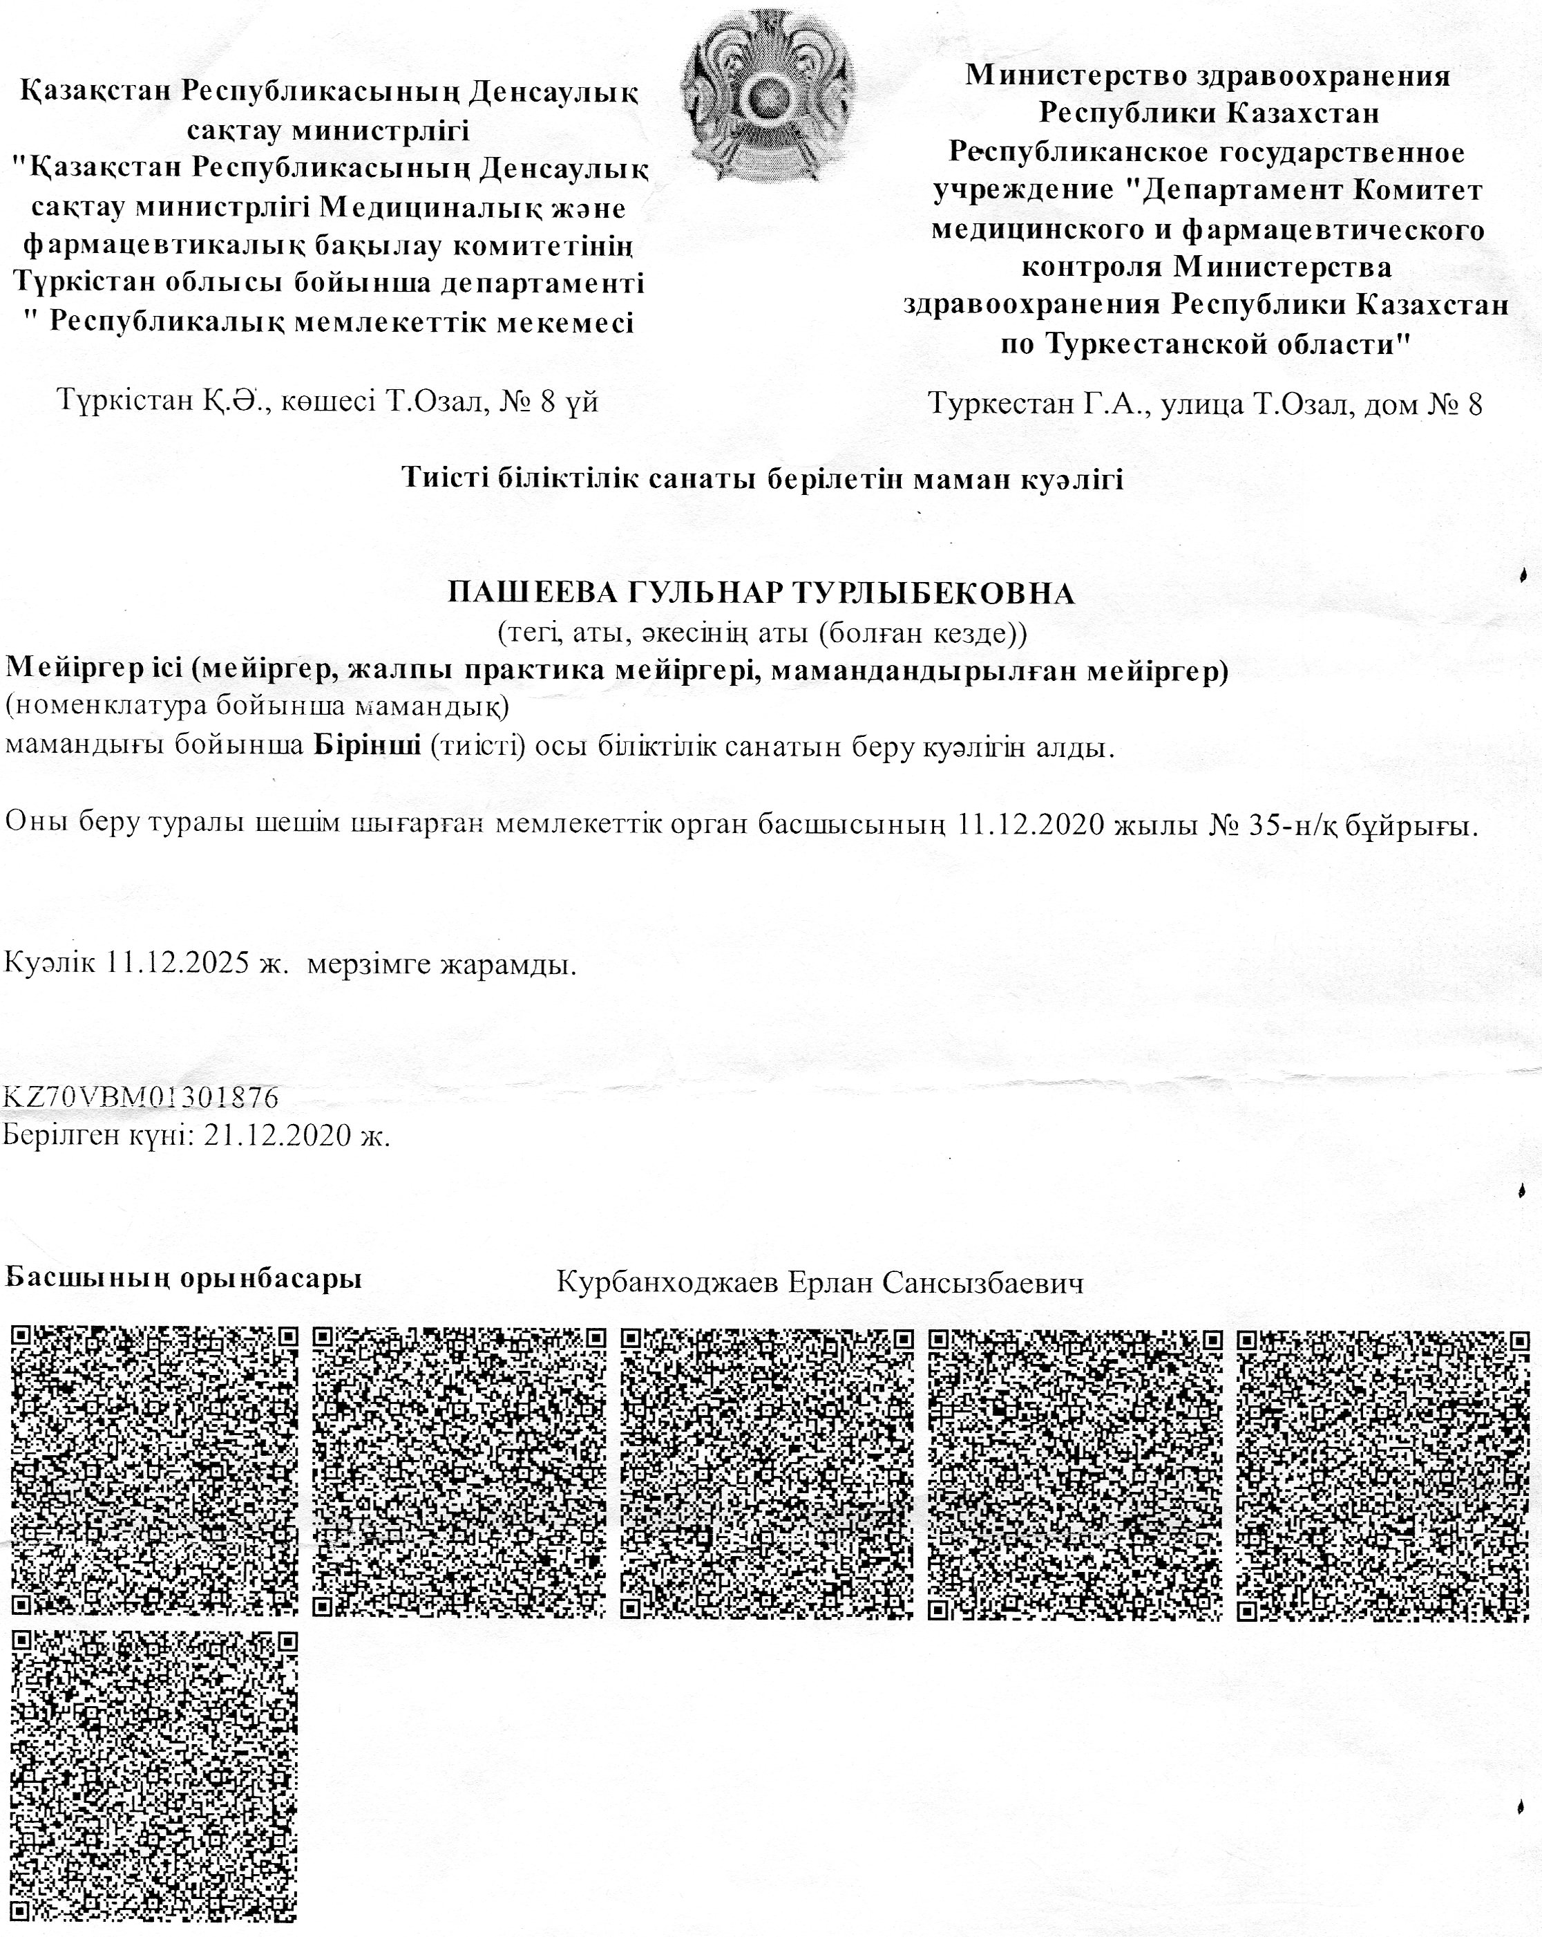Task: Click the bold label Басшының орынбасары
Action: click(184, 1278)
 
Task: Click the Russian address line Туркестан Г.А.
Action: click(1203, 404)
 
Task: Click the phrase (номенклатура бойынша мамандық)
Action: click(258, 708)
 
